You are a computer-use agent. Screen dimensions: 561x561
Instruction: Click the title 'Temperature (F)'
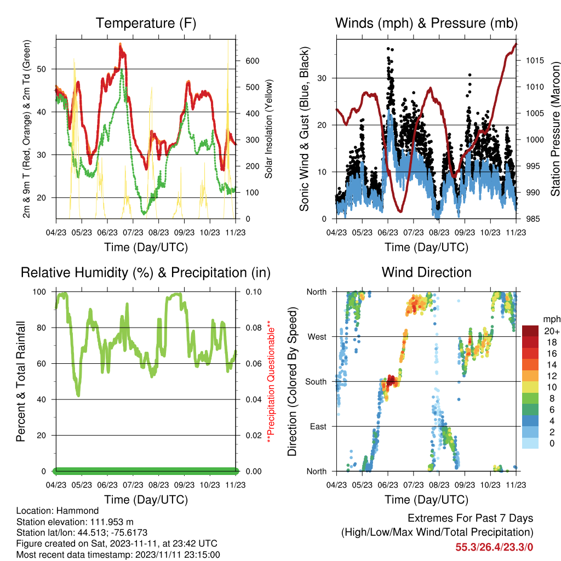tap(146, 23)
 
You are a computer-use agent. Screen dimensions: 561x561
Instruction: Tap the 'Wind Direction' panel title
tap(426, 272)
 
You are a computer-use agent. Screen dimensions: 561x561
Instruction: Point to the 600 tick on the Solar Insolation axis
tap(253, 61)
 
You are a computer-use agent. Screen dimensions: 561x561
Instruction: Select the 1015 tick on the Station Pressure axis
tap(535, 60)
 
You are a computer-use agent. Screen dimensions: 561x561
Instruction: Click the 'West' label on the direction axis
tap(317, 337)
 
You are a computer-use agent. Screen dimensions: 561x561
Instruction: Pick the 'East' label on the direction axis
tap(318, 426)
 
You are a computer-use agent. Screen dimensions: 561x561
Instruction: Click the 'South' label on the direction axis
tap(316, 382)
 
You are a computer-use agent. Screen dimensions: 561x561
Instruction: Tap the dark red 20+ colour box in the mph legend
tap(530, 330)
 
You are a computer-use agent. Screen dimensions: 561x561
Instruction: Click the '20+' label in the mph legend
tap(552, 331)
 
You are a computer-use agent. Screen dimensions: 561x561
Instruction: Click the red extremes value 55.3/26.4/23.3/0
tap(494, 547)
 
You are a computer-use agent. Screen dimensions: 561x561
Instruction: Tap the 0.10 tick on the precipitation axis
tap(254, 292)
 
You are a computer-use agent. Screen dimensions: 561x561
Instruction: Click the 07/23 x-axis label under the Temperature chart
tap(133, 232)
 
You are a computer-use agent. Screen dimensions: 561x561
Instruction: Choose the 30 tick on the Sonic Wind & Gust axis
tap(322, 78)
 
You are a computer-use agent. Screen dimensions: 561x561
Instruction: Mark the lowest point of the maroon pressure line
tap(400, 211)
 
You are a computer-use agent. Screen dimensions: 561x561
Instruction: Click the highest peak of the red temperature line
tap(121, 44)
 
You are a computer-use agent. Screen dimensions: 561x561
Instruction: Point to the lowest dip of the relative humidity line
tap(78, 395)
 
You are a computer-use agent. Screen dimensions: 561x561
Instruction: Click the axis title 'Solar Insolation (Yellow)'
tap(268, 129)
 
